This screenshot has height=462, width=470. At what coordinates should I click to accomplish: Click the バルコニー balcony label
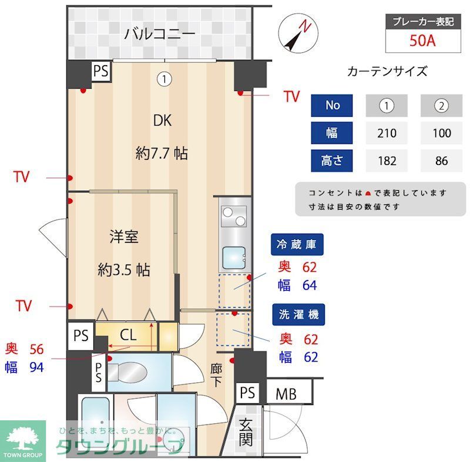click(x=159, y=33)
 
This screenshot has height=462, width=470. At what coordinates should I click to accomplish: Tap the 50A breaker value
click(x=422, y=42)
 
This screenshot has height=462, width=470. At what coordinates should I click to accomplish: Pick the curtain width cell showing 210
click(x=387, y=133)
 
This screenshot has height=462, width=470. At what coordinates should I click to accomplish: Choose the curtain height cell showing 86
click(x=442, y=161)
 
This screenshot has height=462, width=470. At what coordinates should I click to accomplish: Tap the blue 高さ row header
click(x=332, y=161)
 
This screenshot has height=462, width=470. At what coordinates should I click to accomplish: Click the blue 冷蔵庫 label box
click(x=297, y=244)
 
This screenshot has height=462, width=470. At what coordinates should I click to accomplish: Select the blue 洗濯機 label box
click(x=297, y=315)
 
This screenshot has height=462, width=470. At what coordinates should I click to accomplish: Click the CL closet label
click(x=128, y=336)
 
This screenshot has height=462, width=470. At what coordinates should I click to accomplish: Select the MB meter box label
click(x=286, y=393)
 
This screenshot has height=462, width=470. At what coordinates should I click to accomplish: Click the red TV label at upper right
click(x=291, y=97)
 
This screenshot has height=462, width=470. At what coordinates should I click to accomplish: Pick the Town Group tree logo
click(x=23, y=437)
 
